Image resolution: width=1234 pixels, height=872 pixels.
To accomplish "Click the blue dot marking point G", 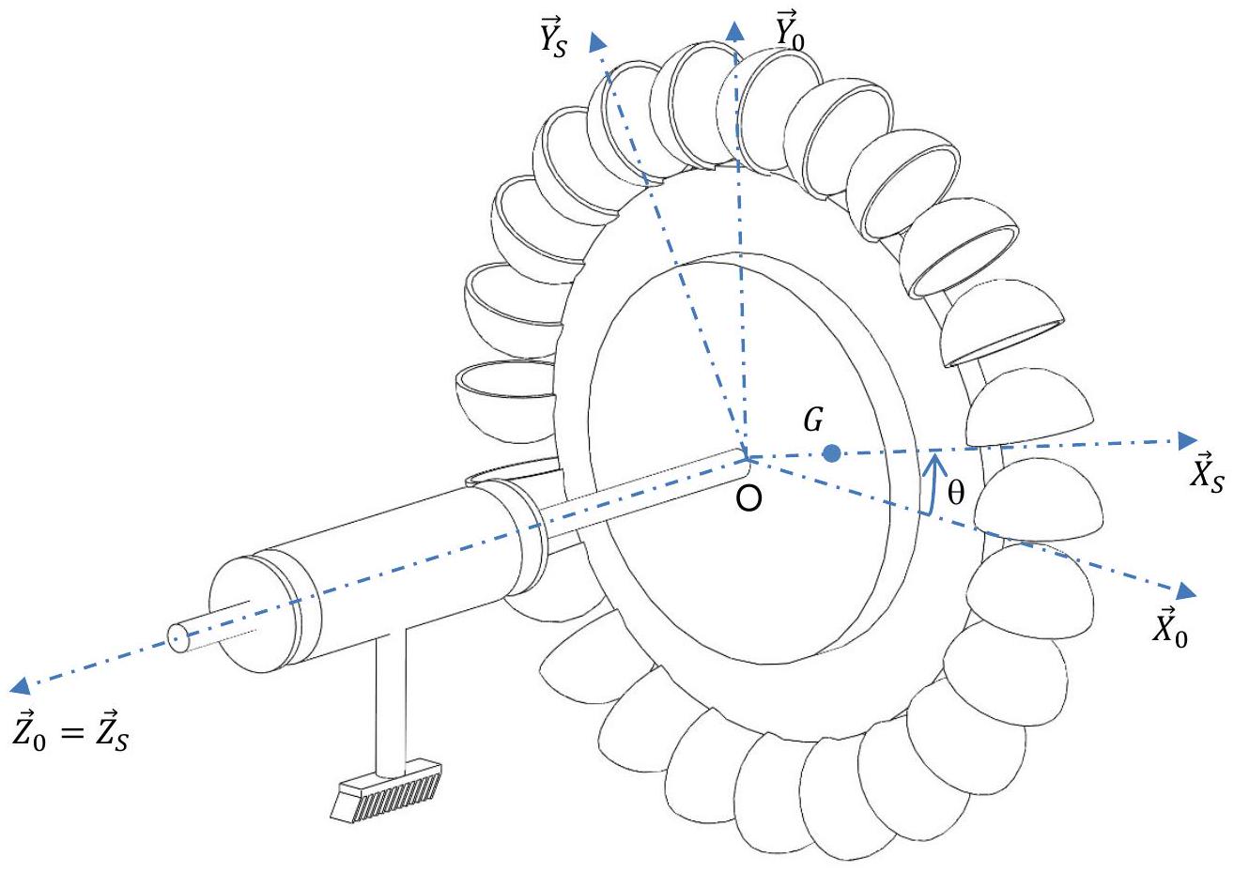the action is point(831,453).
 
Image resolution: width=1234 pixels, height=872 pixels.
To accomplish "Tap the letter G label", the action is point(813,420).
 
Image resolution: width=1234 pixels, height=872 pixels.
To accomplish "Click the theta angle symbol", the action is point(956,492).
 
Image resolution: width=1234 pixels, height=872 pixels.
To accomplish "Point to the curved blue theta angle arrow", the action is point(933,484).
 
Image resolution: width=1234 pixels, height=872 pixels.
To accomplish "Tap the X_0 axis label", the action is point(1170,629).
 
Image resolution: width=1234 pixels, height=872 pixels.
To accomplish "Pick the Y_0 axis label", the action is point(790,30).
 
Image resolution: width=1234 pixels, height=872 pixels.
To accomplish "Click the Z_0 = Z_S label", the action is point(70,731).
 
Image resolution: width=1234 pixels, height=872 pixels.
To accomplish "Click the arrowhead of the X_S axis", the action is point(1187,440).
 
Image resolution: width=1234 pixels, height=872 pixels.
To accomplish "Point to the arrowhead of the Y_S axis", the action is point(597,41).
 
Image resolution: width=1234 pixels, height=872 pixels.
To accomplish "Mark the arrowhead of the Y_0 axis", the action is point(735,31).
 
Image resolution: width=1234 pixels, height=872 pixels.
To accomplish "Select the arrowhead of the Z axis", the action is point(21,685).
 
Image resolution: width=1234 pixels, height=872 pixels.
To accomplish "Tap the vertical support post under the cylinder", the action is point(391,699).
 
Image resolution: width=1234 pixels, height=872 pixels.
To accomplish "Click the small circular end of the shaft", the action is point(177,638).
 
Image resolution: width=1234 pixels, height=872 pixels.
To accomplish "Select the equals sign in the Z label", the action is point(71,732).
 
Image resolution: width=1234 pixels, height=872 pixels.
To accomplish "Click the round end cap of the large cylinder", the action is point(242,613).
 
